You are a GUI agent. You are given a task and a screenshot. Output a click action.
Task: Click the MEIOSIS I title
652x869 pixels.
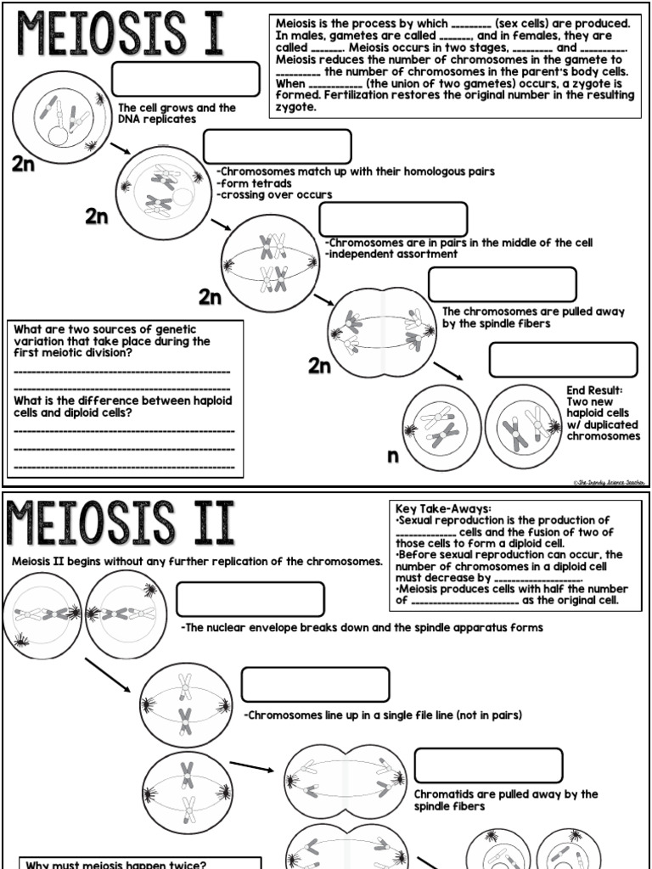tap(118, 36)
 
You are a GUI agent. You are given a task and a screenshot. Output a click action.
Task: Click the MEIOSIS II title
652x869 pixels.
tap(121, 524)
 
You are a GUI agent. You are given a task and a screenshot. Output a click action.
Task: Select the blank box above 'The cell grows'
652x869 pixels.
tap(186, 79)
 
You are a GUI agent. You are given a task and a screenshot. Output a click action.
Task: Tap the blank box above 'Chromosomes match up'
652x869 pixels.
tap(277, 146)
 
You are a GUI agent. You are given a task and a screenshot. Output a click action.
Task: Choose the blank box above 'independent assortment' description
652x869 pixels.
tap(392, 219)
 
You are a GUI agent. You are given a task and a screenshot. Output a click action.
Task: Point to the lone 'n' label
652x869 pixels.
tap(392, 457)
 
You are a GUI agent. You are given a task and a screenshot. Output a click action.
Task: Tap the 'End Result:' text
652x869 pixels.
tap(594, 390)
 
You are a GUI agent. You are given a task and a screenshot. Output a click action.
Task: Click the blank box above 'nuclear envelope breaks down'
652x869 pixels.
tap(250, 599)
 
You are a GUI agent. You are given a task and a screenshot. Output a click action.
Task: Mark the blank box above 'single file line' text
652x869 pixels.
tap(315, 685)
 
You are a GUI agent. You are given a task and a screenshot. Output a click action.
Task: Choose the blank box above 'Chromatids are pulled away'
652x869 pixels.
tap(488, 765)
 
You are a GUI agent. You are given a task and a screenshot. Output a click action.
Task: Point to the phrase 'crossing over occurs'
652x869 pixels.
tap(274, 194)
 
